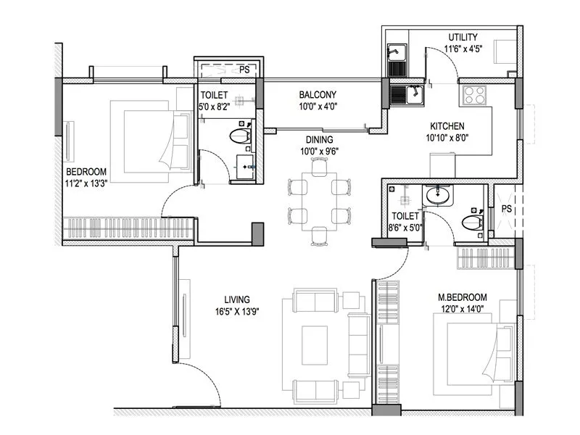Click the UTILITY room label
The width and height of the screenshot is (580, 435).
[x=463, y=37]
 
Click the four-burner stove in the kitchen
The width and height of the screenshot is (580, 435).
[x=474, y=95]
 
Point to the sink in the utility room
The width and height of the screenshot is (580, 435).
[x=396, y=53]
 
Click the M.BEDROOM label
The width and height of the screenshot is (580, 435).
[x=462, y=297]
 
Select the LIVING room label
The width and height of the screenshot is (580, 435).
[x=237, y=299]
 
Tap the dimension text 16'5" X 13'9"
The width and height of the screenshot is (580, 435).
[x=237, y=311]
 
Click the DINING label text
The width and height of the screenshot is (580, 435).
[x=319, y=139]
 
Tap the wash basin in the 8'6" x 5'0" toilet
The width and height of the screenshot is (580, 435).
[x=436, y=195]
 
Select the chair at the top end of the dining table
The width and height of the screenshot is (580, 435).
[x=319, y=165]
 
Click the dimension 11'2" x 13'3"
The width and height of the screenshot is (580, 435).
[x=87, y=184]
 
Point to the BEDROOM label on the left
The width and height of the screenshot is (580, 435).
[x=86, y=172]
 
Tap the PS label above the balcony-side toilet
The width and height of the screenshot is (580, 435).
[x=245, y=70]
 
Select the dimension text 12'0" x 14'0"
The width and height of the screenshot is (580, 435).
[x=462, y=310]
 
